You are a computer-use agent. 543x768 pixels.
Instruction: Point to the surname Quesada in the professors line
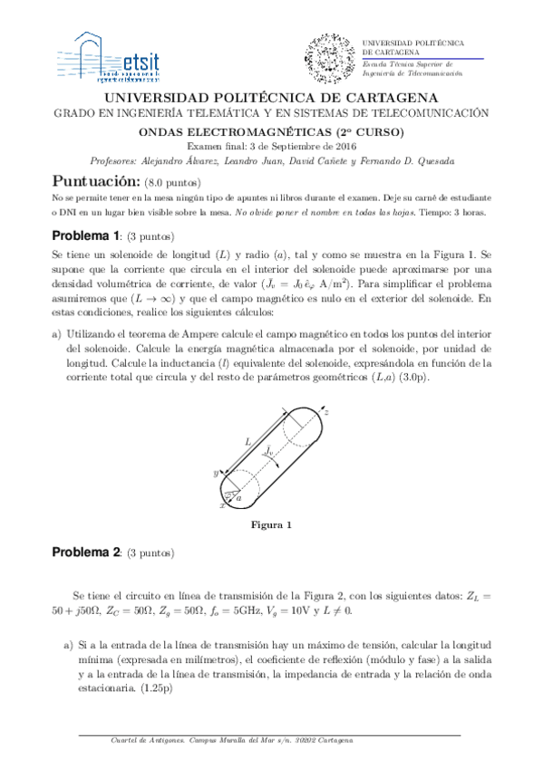point(429,161)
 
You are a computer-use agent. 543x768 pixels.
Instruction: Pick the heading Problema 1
point(85,236)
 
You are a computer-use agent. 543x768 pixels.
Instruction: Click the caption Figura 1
point(271,525)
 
